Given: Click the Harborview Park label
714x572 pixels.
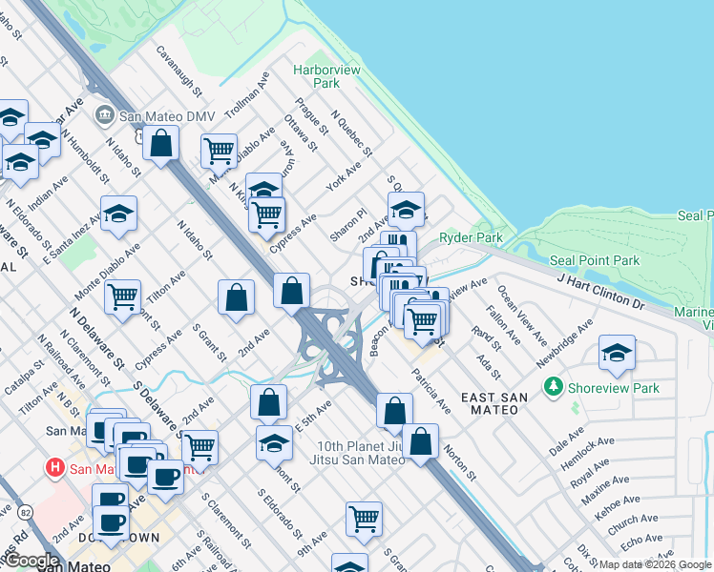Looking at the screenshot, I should (x=318, y=76).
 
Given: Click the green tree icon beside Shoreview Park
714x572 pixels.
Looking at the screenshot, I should (x=552, y=387).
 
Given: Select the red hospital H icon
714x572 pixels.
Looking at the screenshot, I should (x=55, y=468).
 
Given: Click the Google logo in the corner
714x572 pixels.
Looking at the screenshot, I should (x=32, y=561).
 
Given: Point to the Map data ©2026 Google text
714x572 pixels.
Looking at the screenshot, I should (x=656, y=565).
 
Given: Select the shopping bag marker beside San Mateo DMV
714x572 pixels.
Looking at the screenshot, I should (x=162, y=144).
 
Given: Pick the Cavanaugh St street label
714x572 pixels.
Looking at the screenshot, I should (x=180, y=72).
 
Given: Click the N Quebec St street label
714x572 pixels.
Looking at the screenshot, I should (x=351, y=133).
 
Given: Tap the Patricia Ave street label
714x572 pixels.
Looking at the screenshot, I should (x=431, y=391).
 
